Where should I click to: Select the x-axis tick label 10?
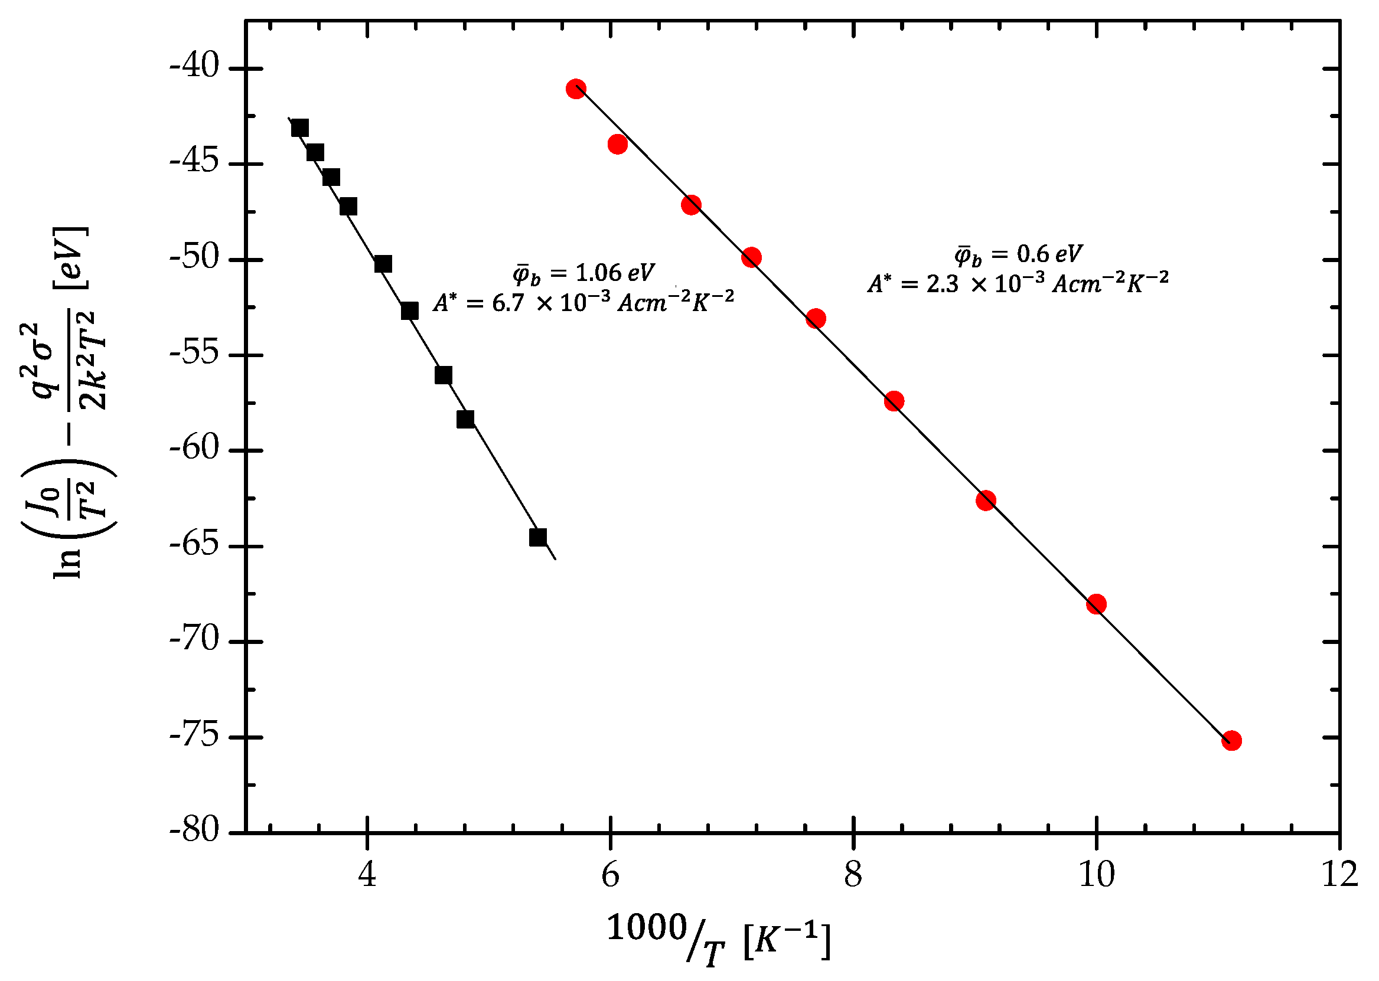(1096, 874)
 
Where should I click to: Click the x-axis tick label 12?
(1339, 874)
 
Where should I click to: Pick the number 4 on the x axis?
(367, 874)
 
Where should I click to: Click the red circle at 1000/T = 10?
(1096, 604)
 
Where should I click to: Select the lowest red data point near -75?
(1231, 741)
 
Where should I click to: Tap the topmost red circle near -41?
(576, 89)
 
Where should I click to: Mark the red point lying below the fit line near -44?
(618, 145)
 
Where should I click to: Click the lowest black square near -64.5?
(538, 537)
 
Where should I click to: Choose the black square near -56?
(444, 375)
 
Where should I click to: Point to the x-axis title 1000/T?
(665, 933)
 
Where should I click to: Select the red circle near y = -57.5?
(894, 401)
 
